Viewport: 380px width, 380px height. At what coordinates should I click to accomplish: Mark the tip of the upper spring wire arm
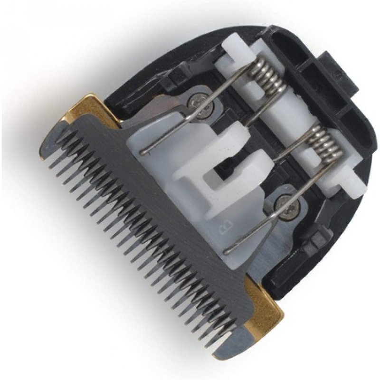143,152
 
